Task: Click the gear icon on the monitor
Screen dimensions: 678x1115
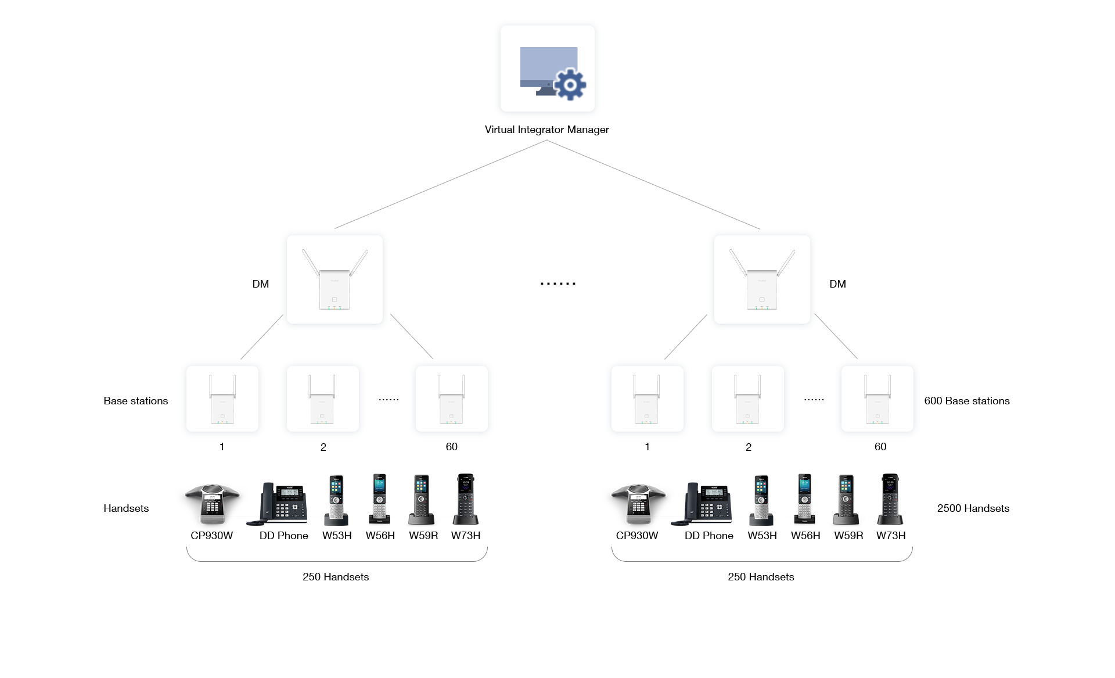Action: pyautogui.click(x=570, y=85)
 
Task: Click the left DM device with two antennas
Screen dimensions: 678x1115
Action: pyautogui.click(x=334, y=279)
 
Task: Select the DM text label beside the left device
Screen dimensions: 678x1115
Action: pyautogui.click(x=261, y=284)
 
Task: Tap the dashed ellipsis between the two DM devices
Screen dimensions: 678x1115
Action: pyautogui.click(x=557, y=284)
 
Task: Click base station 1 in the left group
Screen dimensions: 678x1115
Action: pyautogui.click(x=222, y=399)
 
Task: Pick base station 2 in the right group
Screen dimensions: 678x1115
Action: pyautogui.click(x=747, y=399)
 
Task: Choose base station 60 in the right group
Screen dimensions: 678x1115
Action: pyautogui.click(x=877, y=399)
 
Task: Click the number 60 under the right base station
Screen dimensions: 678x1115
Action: pyautogui.click(x=880, y=447)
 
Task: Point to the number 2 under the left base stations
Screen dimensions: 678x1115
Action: pyautogui.click(x=323, y=447)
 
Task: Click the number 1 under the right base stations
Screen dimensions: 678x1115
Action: pyautogui.click(x=647, y=447)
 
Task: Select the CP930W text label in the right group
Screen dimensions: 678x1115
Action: pyautogui.click(x=637, y=536)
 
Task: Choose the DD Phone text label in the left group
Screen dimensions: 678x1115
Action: pyautogui.click(x=284, y=536)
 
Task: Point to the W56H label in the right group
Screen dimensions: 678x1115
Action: pyautogui.click(x=805, y=536)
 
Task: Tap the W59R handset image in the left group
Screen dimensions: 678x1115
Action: pyautogui.click(x=422, y=500)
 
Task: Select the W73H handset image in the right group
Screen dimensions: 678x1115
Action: pyautogui.click(x=890, y=498)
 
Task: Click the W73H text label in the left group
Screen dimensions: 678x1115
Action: pyautogui.click(x=466, y=536)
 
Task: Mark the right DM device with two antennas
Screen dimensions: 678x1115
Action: pyautogui.click(x=762, y=279)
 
